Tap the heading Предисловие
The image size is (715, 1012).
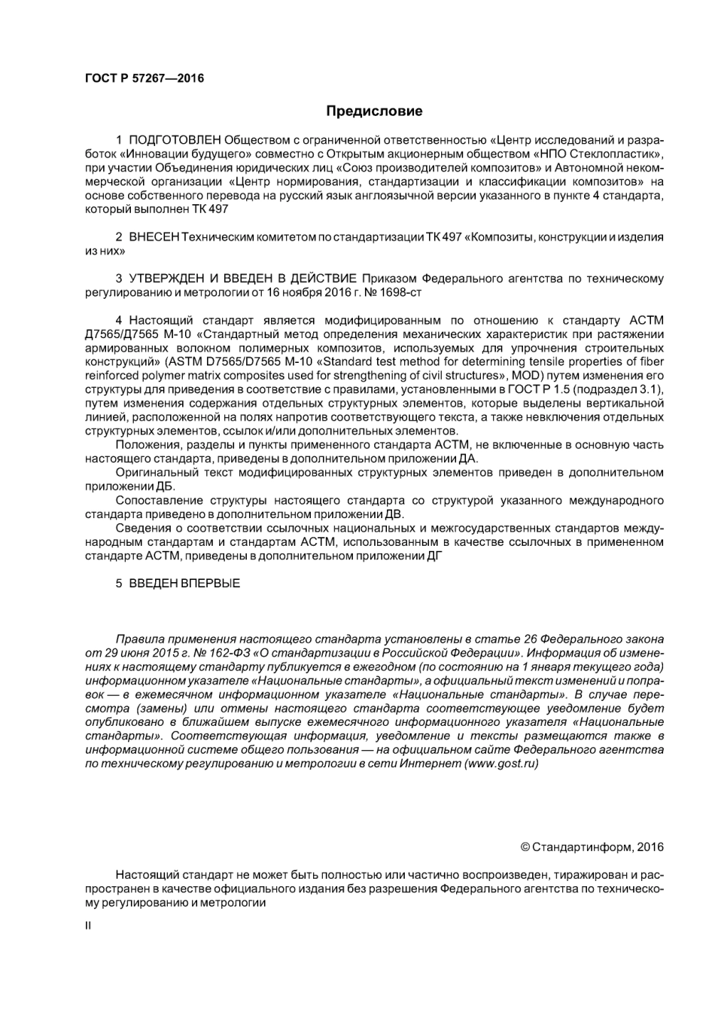click(374, 111)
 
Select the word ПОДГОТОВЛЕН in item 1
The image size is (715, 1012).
click(175, 140)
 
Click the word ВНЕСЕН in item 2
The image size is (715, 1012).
click(154, 237)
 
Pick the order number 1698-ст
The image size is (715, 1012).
click(403, 292)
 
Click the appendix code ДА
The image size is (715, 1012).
click(468, 459)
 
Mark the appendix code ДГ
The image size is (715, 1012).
click(435, 556)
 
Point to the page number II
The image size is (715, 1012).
click(88, 925)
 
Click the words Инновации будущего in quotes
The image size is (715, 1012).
click(184, 154)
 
